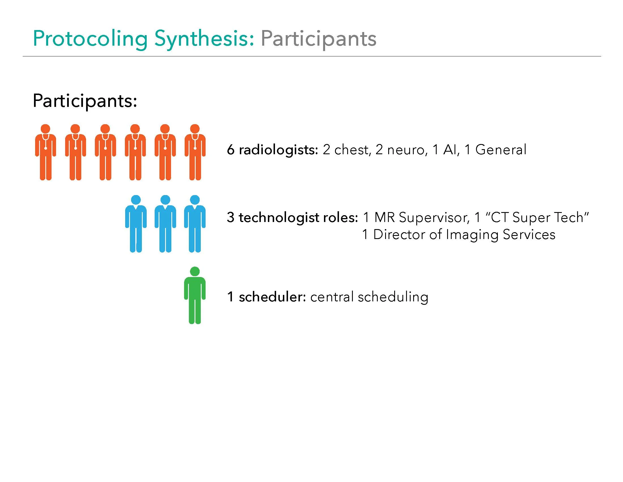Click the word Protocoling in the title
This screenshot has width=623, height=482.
(x=90, y=39)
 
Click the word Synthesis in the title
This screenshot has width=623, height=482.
(x=204, y=39)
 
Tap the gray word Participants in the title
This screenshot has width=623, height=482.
(x=318, y=39)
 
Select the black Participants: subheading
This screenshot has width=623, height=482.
(x=85, y=101)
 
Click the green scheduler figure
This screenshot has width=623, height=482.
(x=195, y=295)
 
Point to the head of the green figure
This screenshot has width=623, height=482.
(x=195, y=271)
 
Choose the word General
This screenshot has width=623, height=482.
(x=501, y=150)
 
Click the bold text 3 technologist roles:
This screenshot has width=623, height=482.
(x=292, y=218)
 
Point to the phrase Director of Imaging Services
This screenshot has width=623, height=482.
(x=464, y=235)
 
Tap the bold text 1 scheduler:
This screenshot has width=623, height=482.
(x=266, y=297)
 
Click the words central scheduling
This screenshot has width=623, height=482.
(x=369, y=297)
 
